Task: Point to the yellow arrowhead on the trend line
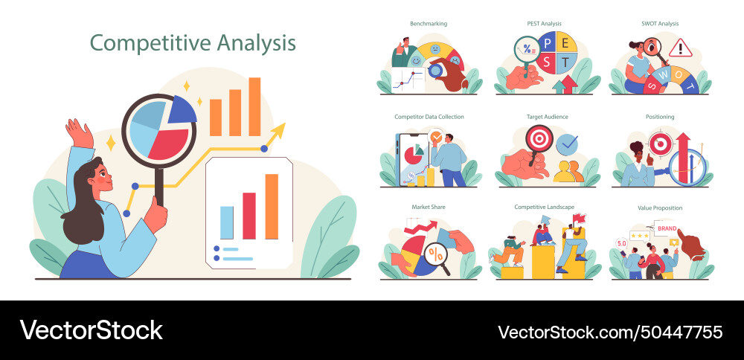point(279,130)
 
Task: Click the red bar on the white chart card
point(248,216)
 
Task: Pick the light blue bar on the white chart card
point(227,222)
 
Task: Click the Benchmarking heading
point(429,24)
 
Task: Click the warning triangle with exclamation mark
point(680,48)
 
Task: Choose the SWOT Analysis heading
point(659,24)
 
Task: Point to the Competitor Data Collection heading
point(429,117)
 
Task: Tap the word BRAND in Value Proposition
point(667,228)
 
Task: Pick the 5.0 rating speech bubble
point(621,243)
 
